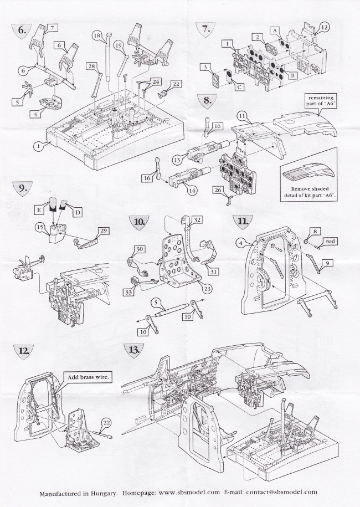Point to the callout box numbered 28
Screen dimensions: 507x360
pos(92,66)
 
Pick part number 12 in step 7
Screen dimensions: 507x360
pos(324,27)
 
